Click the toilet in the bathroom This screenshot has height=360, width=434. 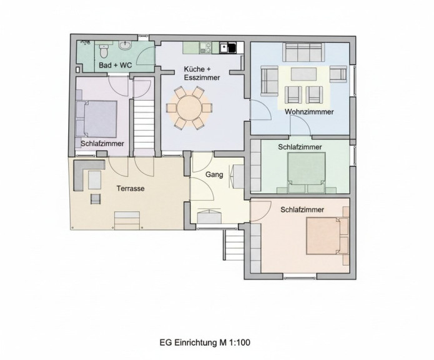point(104,51)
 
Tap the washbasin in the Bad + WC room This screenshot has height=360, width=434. point(126,46)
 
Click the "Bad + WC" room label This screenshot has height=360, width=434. point(116,66)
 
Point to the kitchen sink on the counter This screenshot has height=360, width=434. point(229,47)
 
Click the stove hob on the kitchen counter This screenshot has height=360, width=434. point(205,47)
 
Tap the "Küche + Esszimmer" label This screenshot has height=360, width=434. point(202,73)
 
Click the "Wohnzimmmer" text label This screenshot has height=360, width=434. point(309,112)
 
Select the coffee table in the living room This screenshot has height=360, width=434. point(303,74)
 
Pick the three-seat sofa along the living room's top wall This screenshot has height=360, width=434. point(303,52)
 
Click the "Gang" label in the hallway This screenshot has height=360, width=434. point(214,175)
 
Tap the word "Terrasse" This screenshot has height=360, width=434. point(131,189)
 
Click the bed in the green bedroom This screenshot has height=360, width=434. point(307,172)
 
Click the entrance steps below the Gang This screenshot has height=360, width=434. point(234,244)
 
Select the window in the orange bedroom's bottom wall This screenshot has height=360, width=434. point(300,276)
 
